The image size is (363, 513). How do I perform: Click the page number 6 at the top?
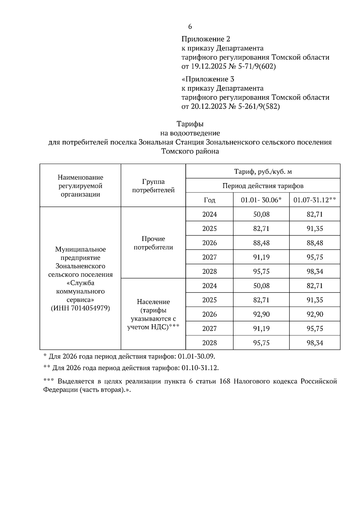tap(190, 27)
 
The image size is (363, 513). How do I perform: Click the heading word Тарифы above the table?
tap(190, 124)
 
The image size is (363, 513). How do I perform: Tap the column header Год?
tap(209, 200)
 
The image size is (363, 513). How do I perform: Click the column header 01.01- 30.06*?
tap(261, 200)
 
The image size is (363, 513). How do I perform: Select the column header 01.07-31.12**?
tap(315, 200)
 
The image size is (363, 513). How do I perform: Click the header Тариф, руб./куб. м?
tap(263, 172)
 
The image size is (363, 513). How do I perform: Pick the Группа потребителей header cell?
tap(153, 186)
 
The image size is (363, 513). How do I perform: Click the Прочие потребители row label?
tap(153, 243)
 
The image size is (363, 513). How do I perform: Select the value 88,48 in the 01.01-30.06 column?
tap(261, 243)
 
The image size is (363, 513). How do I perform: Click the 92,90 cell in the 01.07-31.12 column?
tap(315, 314)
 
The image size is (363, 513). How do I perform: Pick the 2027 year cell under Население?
tap(209, 328)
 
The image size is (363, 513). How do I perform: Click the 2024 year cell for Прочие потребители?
tap(209, 215)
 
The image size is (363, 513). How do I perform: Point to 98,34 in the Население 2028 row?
tap(315, 343)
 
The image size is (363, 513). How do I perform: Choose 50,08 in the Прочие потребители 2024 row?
tap(261, 215)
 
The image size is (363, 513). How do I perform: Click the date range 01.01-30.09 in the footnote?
tap(196, 356)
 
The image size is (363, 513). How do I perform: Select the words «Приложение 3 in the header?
tap(208, 79)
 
